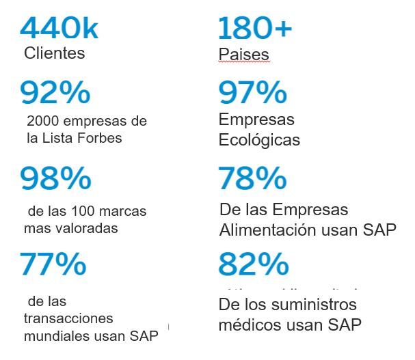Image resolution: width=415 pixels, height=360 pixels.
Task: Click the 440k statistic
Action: point(59,28)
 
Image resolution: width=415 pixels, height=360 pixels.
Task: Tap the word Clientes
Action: point(54,53)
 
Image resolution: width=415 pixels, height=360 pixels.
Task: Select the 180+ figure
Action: point(254,28)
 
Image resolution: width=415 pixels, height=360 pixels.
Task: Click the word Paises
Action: point(243,54)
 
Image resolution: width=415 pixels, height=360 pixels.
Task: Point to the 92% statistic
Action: point(55,93)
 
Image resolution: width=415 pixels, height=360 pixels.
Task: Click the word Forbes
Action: point(100,138)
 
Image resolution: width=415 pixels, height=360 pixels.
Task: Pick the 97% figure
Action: point(243,93)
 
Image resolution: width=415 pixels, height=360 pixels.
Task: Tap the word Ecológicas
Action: point(259,140)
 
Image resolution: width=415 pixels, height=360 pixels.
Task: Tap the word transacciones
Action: point(68,318)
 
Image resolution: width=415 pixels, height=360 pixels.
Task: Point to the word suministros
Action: point(317,304)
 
